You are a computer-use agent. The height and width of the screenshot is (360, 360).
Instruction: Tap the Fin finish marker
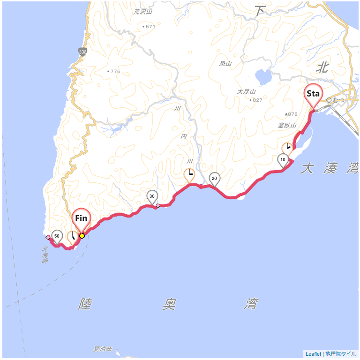tap(81, 218)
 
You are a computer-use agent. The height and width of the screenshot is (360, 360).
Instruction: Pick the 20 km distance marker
tap(214, 179)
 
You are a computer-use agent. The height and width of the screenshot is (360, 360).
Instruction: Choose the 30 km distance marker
tap(152, 196)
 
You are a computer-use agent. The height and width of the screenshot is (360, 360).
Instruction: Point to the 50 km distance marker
tap(57, 236)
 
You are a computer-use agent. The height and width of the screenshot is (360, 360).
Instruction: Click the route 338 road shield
tap(82, 52)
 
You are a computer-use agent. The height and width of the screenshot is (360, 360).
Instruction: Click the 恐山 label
tap(225, 63)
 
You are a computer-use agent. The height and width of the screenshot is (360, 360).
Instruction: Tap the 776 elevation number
tap(115, 72)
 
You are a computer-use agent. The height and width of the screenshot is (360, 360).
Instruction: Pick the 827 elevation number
tap(257, 100)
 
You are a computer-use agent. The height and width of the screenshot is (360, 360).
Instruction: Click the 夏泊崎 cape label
tap(103, 349)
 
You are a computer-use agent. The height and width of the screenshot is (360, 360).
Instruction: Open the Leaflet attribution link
tap(313, 354)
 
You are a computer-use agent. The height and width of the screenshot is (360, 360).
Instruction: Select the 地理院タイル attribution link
tap(341, 354)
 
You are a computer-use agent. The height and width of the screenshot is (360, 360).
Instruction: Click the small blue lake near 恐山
tap(263, 75)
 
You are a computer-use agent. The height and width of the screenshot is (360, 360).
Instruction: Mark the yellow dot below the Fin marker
tap(82, 236)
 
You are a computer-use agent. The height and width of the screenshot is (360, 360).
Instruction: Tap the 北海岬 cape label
tap(45, 255)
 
